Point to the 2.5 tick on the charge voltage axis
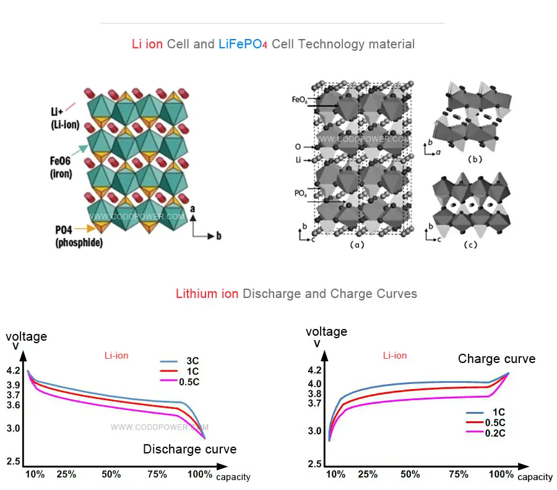click(315, 464)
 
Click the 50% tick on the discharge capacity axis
click(111, 475)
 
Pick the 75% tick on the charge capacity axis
click(459, 475)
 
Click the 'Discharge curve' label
click(189, 449)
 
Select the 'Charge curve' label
click(496, 359)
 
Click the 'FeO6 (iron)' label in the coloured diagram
click(61, 167)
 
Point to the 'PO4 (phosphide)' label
click(79, 236)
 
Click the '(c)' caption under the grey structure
click(470, 245)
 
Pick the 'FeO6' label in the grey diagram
click(300, 98)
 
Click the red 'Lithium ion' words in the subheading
click(207, 294)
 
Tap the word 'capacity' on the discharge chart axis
click(233, 477)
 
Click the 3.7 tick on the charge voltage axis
click(315, 403)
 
